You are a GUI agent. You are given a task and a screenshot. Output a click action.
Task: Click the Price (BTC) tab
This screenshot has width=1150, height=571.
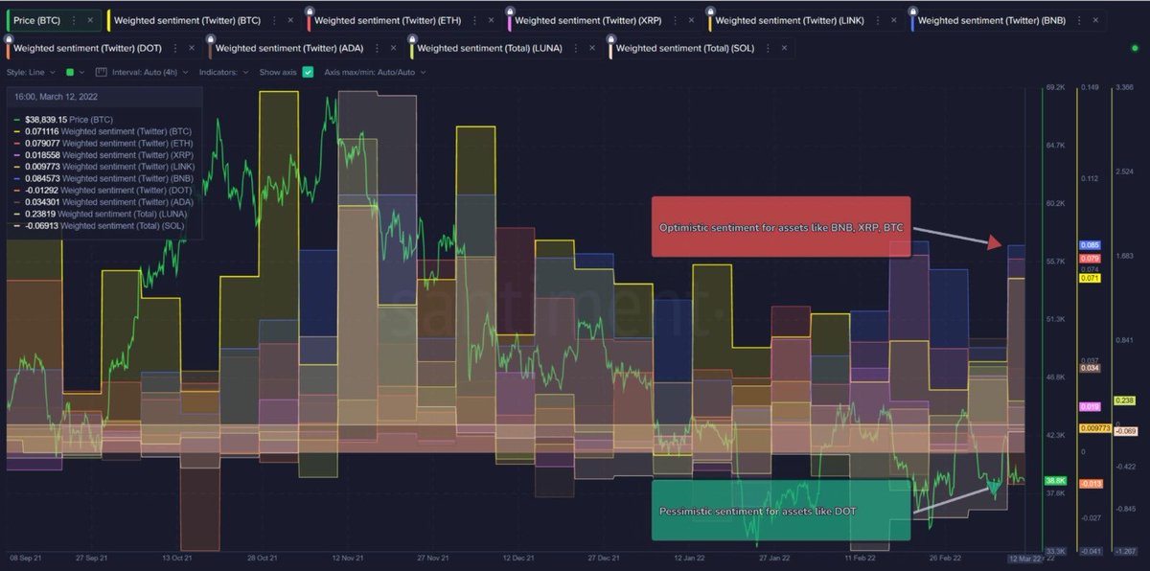42,19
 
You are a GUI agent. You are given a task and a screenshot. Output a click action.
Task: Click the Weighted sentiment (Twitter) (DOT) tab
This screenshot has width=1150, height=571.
87,48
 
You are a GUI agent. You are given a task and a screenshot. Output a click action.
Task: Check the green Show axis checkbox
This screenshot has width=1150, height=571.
308,72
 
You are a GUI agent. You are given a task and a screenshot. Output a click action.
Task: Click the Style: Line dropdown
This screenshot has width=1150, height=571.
31,72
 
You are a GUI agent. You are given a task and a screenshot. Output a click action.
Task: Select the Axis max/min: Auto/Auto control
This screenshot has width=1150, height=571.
374,72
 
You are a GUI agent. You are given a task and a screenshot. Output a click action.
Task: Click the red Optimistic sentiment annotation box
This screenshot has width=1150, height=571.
780,227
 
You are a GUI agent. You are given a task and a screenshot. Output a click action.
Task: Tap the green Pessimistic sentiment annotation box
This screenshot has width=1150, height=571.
780,510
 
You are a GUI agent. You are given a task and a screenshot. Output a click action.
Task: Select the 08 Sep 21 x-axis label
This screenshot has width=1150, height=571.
26,557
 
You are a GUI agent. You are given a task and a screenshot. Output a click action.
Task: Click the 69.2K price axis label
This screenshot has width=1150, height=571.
1055,87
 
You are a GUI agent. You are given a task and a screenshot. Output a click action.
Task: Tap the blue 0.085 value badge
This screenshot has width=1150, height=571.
1089,246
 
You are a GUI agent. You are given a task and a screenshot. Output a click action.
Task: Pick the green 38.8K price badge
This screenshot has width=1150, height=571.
1055,480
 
